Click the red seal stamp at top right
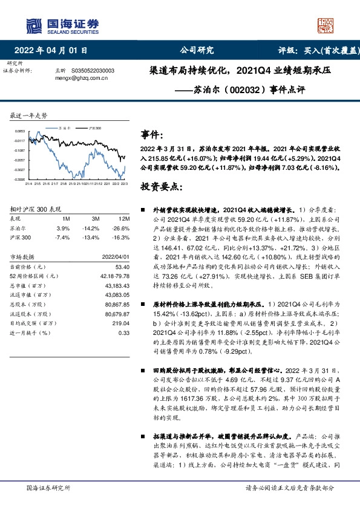point(327,24)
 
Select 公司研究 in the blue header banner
point(197,50)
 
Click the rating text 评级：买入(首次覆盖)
point(317,50)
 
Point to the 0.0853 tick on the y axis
point(20,131)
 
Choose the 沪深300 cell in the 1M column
point(64,238)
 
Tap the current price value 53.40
point(123,266)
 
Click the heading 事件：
point(152,134)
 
